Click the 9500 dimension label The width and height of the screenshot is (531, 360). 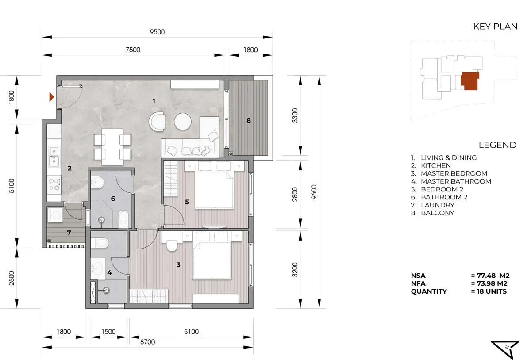point(157,32)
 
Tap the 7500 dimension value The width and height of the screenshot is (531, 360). point(133,50)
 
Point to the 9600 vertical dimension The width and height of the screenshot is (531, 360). point(314,192)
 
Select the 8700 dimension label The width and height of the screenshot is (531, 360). point(147,342)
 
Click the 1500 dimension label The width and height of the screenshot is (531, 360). point(108,332)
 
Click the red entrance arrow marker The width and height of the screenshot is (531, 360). point(51,97)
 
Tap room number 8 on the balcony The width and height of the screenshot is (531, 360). point(248,120)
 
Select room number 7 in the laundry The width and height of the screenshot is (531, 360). point(69,233)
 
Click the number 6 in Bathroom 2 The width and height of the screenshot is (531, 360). point(113,199)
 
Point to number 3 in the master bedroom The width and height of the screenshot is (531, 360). point(178,265)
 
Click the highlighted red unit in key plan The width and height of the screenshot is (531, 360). point(470,81)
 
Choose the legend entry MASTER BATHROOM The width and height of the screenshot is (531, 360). point(456,181)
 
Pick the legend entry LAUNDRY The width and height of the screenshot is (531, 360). point(438,205)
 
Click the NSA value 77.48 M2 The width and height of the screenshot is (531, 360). point(490,276)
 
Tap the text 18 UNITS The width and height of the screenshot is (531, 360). point(492,291)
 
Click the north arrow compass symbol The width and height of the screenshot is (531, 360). point(506,349)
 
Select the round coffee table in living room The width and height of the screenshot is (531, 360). point(182,122)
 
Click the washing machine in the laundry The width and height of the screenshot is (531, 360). point(55,215)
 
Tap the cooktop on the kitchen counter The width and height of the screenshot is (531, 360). point(54,184)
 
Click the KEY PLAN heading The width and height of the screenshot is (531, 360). point(495,27)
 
